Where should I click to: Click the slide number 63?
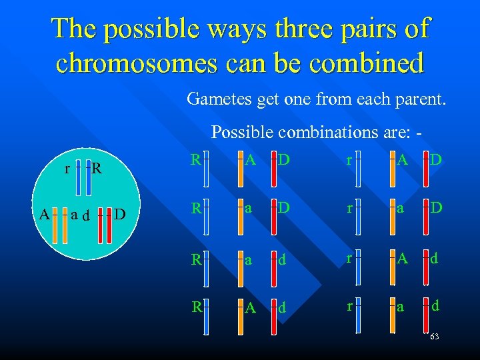(x=435, y=337)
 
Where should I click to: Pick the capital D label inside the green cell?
(x=120, y=214)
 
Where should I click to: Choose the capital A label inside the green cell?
(x=43, y=214)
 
